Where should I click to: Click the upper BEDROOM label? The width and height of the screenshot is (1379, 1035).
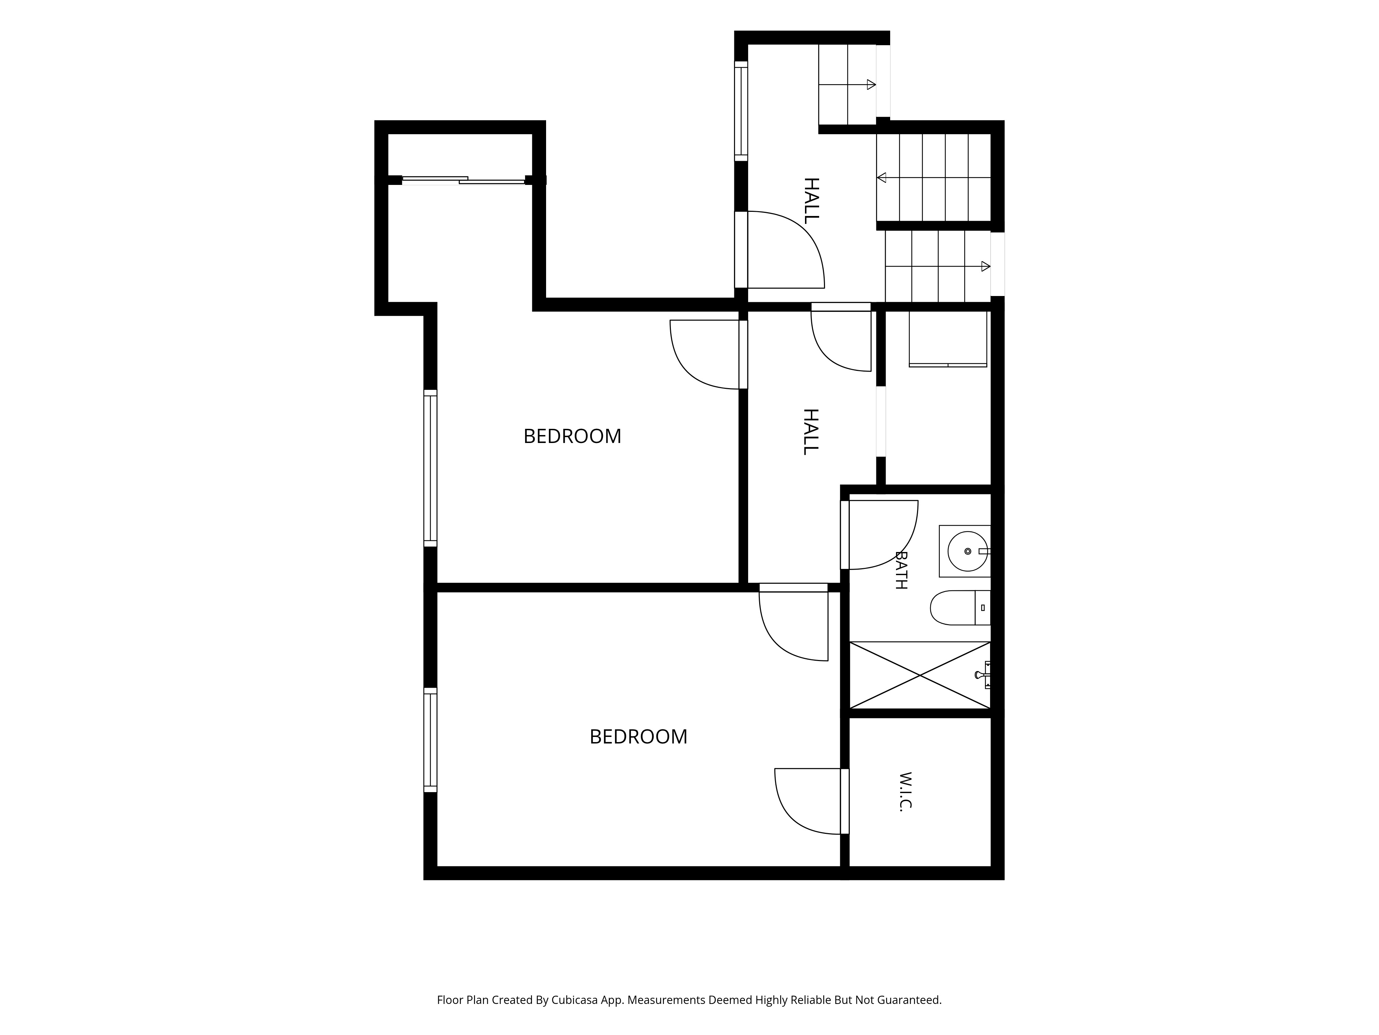click(x=572, y=436)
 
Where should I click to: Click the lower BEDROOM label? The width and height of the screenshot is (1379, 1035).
click(x=638, y=737)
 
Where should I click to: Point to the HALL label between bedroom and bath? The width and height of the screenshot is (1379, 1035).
click(x=811, y=432)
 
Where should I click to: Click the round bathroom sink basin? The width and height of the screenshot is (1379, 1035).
click(x=968, y=552)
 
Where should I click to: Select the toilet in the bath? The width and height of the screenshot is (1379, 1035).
click(x=960, y=608)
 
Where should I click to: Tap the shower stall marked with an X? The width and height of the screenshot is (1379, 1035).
click(x=920, y=675)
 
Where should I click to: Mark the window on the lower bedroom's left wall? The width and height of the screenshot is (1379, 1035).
click(x=430, y=740)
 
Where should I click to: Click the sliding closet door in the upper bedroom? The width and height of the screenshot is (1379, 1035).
click(x=463, y=180)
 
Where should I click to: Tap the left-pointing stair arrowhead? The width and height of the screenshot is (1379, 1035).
click(x=882, y=178)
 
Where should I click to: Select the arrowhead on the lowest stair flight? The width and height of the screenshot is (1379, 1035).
click(x=986, y=266)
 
